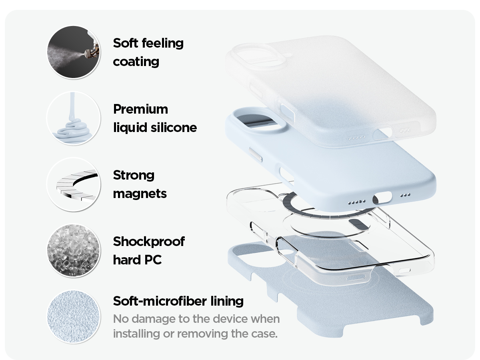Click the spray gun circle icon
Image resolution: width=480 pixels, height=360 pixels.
click(x=74, y=52)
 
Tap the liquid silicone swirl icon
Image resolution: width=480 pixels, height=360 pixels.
click(x=74, y=118)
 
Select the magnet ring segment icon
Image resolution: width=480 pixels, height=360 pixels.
click(x=74, y=184)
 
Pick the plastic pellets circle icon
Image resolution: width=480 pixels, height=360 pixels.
click(x=74, y=250)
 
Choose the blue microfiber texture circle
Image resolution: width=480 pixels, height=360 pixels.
click(x=74, y=317)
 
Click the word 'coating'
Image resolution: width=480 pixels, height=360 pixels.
click(x=136, y=62)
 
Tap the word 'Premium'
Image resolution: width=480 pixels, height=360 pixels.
click(x=141, y=109)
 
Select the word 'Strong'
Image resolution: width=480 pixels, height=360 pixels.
click(x=134, y=176)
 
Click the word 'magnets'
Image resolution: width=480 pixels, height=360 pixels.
click(x=140, y=194)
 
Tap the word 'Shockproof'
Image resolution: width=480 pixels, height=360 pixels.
click(x=149, y=242)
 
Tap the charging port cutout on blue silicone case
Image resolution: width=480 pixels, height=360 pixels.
click(x=382, y=198)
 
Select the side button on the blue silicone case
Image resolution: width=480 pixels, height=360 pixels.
click(x=256, y=154)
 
